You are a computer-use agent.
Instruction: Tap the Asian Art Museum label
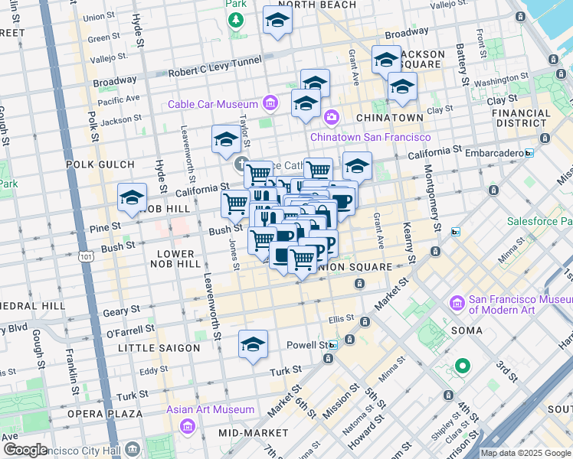click(211, 409)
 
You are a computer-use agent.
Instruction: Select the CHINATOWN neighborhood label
click(389, 118)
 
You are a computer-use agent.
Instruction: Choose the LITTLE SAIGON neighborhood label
click(159, 348)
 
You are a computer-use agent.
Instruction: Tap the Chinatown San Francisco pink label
click(370, 137)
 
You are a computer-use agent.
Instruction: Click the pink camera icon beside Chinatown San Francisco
click(331, 117)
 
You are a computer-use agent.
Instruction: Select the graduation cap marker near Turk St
click(253, 344)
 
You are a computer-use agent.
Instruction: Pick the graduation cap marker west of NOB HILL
click(132, 197)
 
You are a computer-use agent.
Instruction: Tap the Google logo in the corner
click(25, 449)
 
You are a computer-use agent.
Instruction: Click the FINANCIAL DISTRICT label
click(522, 118)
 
